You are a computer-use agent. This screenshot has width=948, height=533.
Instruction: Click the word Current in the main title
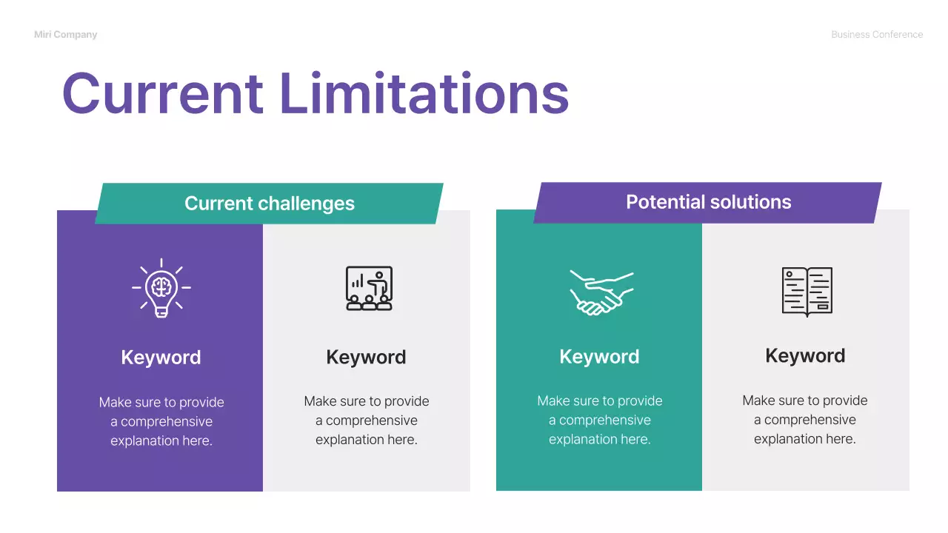click(162, 94)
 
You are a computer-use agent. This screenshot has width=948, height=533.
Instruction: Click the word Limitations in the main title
click(424, 94)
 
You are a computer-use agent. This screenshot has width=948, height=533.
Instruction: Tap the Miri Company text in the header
click(65, 35)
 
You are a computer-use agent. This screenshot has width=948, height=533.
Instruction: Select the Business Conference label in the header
click(877, 35)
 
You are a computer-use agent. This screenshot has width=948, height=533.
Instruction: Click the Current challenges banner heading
click(269, 204)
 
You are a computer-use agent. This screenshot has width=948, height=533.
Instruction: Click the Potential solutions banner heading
click(708, 202)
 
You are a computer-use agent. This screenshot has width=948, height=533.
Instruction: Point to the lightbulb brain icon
click(161, 288)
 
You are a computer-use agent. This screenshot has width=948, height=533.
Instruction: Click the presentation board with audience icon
click(369, 288)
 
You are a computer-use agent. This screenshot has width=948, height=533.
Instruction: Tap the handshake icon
click(601, 292)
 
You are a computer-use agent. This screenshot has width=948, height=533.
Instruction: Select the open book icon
click(807, 292)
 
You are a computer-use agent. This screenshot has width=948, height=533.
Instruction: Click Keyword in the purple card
click(161, 358)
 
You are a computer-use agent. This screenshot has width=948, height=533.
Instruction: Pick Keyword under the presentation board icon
click(366, 358)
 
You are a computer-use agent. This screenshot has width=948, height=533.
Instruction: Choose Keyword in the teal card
click(599, 357)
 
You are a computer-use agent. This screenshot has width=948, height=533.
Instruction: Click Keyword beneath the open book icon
click(805, 356)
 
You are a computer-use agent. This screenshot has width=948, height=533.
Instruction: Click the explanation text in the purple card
click(161, 422)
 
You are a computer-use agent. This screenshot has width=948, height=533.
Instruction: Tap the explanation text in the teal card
click(600, 420)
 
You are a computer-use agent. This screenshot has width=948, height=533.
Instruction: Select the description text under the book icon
click(805, 420)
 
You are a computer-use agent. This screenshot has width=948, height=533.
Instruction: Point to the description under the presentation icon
click(367, 420)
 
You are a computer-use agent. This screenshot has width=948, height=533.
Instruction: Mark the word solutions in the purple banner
click(749, 202)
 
